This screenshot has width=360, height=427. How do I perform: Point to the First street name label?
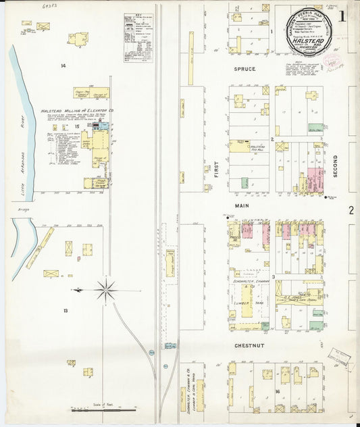[217, 170]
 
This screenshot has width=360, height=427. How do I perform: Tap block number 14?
[62, 66]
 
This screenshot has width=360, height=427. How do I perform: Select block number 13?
[66, 310]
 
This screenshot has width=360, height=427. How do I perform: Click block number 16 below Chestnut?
[277, 391]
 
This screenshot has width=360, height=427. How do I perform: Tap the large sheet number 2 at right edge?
[351, 210]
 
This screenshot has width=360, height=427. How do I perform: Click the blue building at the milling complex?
[104, 126]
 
